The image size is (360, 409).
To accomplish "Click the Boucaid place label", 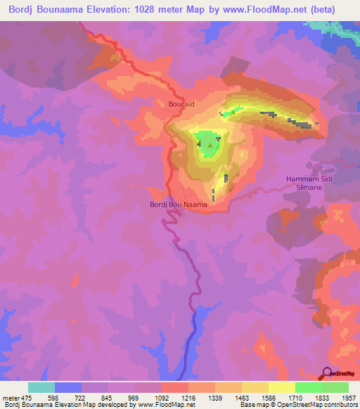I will pyautogui.click(x=180, y=105).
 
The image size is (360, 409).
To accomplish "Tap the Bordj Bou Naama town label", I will pyautogui.click(x=179, y=204).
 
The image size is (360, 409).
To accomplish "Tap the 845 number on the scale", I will pyautogui.click(x=109, y=397).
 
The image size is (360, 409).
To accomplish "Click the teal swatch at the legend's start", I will pyautogui.click(x=41, y=387).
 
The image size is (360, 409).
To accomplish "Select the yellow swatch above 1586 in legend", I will pyautogui.click(x=281, y=387).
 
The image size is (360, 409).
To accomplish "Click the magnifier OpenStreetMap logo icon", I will pyautogui.click(x=328, y=373).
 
